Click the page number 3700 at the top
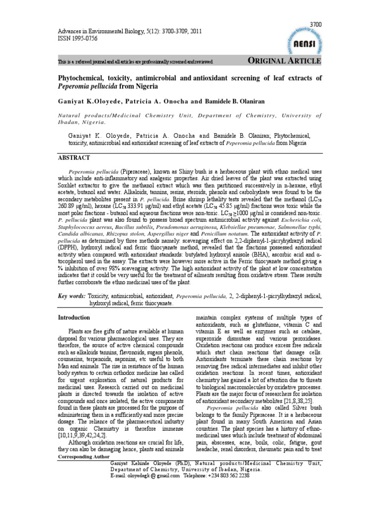315,24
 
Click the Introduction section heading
74,317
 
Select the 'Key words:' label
72,296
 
